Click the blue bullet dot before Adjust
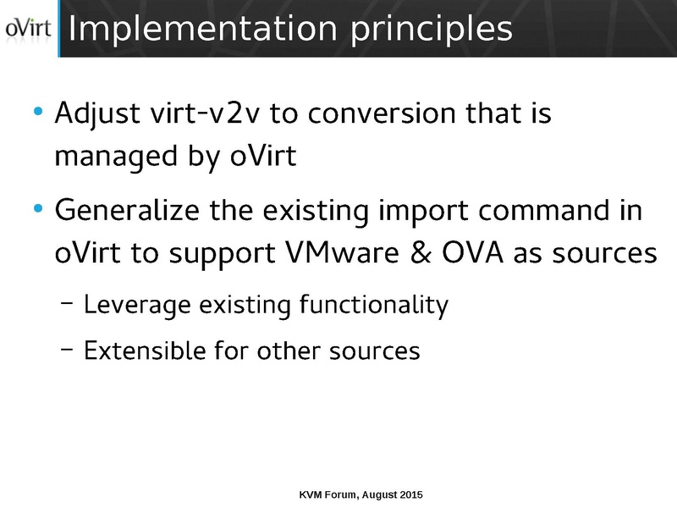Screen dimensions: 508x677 (36, 113)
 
